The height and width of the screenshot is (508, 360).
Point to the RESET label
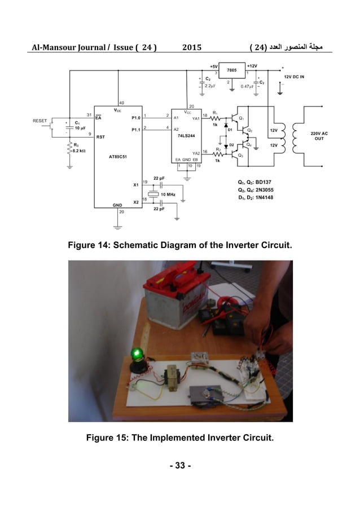40,121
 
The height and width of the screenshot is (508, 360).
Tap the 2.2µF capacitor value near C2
209,86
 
